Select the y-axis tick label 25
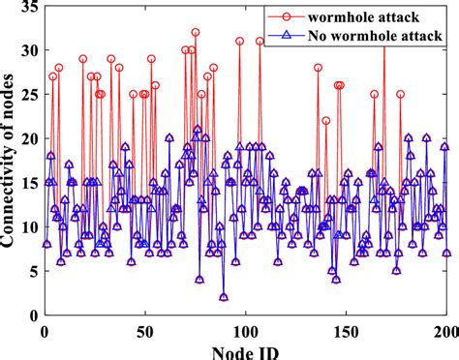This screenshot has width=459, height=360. pyautogui.click(x=27, y=95)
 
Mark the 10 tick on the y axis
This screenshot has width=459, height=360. pyautogui.click(x=27, y=227)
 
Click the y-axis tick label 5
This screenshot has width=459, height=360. pyautogui.click(x=31, y=271)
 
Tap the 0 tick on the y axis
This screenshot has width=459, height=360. pyautogui.click(x=31, y=315)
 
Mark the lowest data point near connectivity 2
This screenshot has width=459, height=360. pyautogui.click(x=224, y=297)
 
